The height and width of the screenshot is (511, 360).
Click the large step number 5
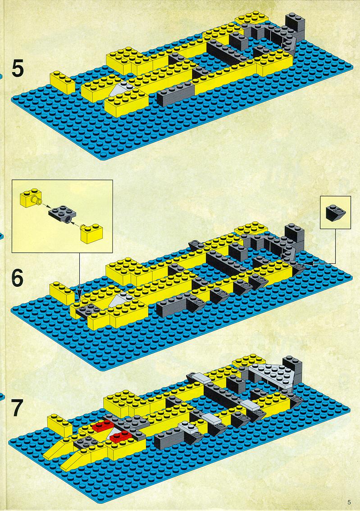[18, 69]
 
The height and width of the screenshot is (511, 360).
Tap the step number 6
[18, 278]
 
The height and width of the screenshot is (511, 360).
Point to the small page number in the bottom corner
[349, 502]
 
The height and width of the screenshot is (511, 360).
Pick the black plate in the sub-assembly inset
[63, 214]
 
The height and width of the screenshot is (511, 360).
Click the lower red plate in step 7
[121, 436]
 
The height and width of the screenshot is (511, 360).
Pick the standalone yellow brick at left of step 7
[59, 425]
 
